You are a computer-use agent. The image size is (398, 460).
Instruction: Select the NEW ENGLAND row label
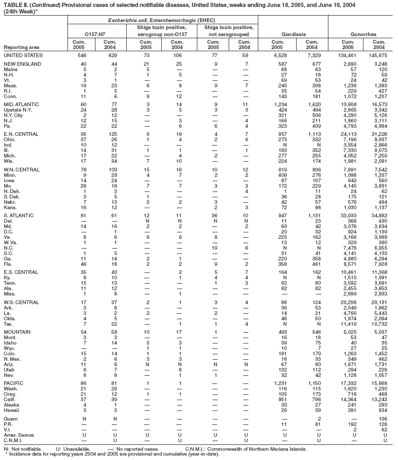[x=21, y=64]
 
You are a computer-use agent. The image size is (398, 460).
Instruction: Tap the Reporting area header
[x=20, y=48]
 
